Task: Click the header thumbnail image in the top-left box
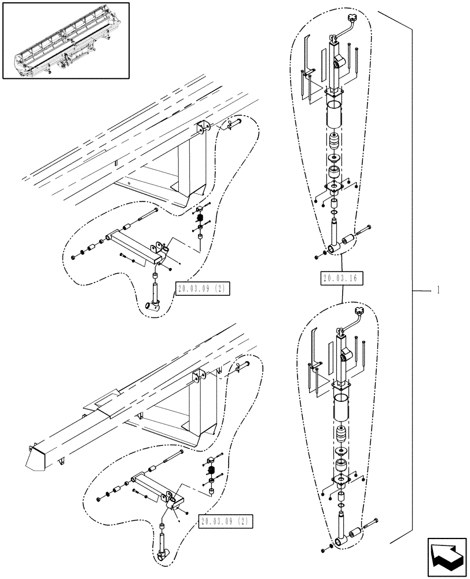[x=65, y=39]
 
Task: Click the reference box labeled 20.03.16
[x=340, y=278]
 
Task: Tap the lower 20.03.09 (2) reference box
[x=225, y=521]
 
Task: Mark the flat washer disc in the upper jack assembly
[x=334, y=158]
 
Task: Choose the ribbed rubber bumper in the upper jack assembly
[x=333, y=142]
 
